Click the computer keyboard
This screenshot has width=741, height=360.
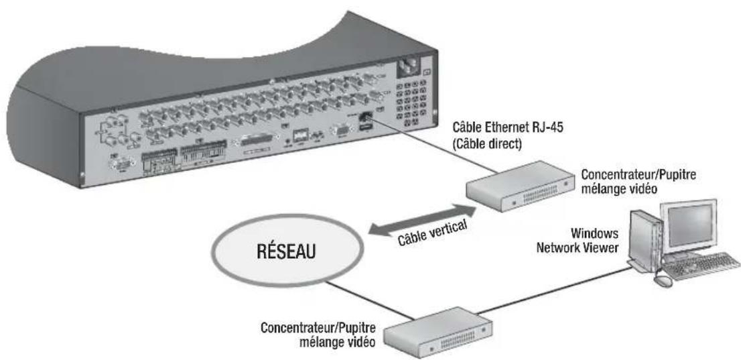[697, 270]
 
